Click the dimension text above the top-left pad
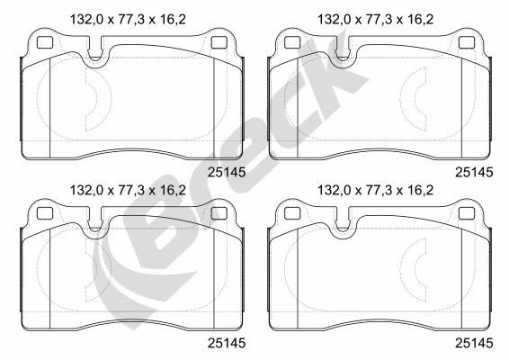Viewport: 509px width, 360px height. click(128, 20)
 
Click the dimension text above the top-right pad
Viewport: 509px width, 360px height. click(375, 20)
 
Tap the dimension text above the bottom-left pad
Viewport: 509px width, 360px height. click(128, 190)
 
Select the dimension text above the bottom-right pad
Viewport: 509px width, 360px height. click(375, 190)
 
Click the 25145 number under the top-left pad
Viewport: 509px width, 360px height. click(227, 173)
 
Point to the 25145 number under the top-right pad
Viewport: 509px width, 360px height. click(474, 173)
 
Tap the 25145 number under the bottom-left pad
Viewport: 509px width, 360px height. click(227, 343)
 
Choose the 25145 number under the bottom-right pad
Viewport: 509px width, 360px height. click(474, 343)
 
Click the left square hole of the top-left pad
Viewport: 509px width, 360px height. click(45, 42)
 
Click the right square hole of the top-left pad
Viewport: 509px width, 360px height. click(219, 42)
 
